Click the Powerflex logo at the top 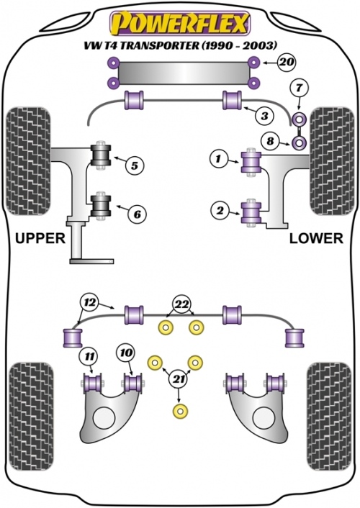pyautogui.click(x=180, y=23)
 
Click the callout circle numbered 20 pyautogui.click(x=287, y=62)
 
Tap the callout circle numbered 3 pyautogui.click(x=265, y=116)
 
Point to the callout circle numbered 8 pyautogui.click(x=270, y=141)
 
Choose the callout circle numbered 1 pyautogui.click(x=219, y=158)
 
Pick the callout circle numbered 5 pyautogui.click(x=134, y=165)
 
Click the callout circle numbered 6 pyautogui.click(x=138, y=214)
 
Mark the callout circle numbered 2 pyautogui.click(x=220, y=211)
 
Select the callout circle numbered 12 pyautogui.click(x=89, y=303)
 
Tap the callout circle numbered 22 pyautogui.click(x=182, y=304)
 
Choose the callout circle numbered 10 pyautogui.click(x=126, y=353)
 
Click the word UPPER pyautogui.click(x=40, y=238)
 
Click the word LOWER pyautogui.click(x=316, y=238)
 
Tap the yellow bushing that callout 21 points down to pyautogui.click(x=181, y=411)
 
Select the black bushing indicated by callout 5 pyautogui.click(x=100, y=155)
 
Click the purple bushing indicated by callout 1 pyautogui.click(x=251, y=162)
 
